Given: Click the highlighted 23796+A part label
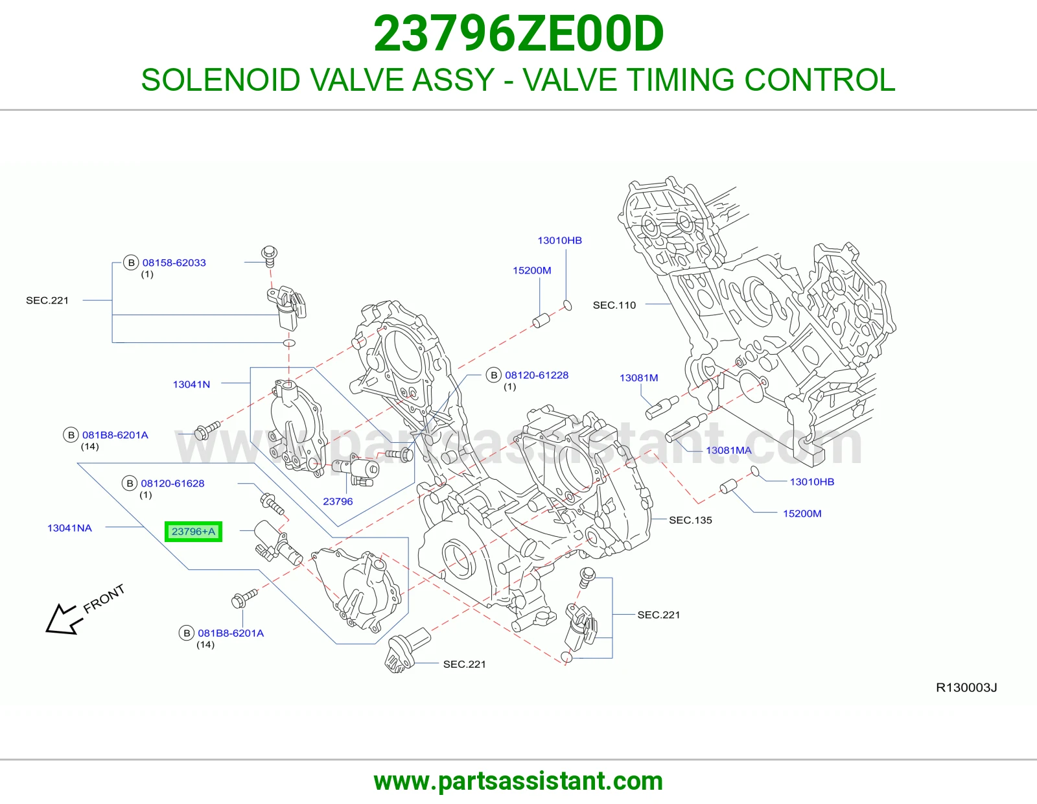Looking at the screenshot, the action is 193,532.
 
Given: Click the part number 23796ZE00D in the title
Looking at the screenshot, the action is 518,34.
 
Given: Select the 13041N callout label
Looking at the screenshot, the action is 191,384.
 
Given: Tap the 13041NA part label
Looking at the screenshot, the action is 70,528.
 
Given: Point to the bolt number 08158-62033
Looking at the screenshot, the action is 174,263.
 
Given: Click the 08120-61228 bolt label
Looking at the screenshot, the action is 537,375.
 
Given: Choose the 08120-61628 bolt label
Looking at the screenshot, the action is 173,483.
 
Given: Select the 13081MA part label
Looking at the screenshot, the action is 728,450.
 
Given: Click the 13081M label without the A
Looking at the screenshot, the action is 639,377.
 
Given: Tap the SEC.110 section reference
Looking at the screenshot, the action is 614,305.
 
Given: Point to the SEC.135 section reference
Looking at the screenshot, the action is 690,520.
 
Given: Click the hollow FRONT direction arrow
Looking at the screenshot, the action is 64,619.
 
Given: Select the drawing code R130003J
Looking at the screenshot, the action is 967,687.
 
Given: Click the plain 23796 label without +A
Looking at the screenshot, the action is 338,501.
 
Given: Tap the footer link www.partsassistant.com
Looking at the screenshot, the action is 518,781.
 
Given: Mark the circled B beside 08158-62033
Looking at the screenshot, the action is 131,263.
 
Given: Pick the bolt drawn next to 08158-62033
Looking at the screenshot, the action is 270,256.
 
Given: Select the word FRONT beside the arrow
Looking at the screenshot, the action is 104,598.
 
